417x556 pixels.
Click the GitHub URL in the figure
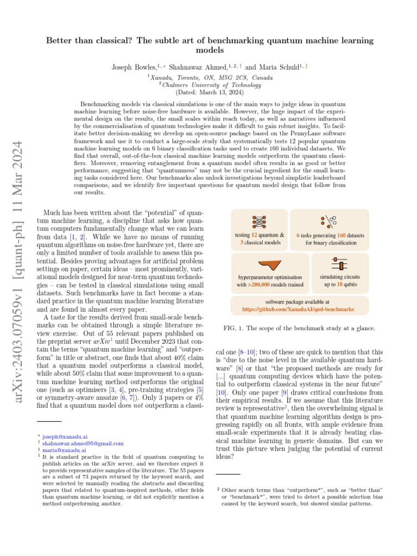pyautogui.click(x=298, y=309)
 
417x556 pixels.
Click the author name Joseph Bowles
pyautogui.click(x=132, y=67)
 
